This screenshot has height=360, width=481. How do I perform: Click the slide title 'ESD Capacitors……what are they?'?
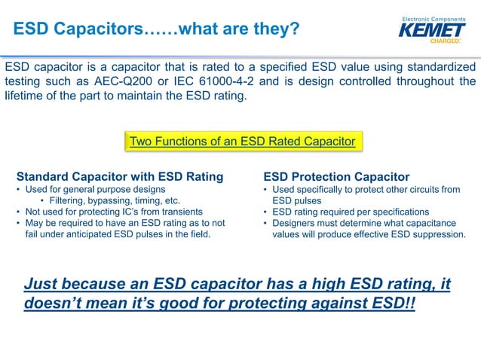pyautogui.click(x=157, y=29)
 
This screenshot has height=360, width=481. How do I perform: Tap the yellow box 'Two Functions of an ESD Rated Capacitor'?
pyautogui.click(x=242, y=142)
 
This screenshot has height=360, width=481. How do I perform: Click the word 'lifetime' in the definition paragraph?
pyautogui.click(x=25, y=96)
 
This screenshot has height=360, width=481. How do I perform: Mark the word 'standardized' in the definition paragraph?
pyautogui.click(x=443, y=66)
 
